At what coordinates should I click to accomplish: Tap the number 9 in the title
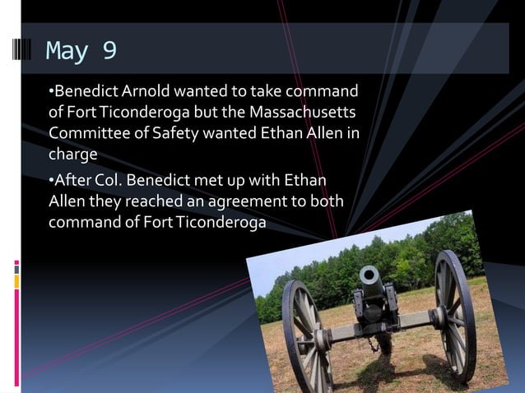pyautogui.click(x=109, y=51)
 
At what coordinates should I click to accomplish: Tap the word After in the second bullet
pyautogui.click(x=72, y=182)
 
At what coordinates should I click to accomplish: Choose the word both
pyautogui.click(x=328, y=202)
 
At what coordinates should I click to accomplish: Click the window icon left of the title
pyautogui.click(x=23, y=51)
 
